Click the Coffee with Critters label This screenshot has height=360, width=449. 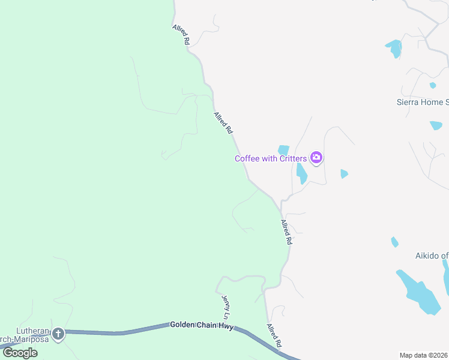point(270,158)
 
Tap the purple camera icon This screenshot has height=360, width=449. point(316,158)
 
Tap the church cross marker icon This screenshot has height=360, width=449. point(58,334)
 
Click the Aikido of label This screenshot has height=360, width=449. point(432,256)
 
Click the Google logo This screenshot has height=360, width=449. point(20,352)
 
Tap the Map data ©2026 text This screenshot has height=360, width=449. point(424,355)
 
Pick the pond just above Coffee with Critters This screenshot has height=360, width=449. point(283,149)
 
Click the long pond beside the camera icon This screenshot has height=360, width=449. point(301,173)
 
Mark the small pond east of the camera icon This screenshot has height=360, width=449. point(343,173)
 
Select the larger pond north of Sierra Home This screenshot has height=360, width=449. point(394,47)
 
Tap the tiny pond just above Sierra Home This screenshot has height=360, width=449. point(433,85)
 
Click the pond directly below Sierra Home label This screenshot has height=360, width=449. point(436,125)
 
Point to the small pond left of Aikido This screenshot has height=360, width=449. point(394,242)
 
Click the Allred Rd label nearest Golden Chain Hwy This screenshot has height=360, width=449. point(274,336)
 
